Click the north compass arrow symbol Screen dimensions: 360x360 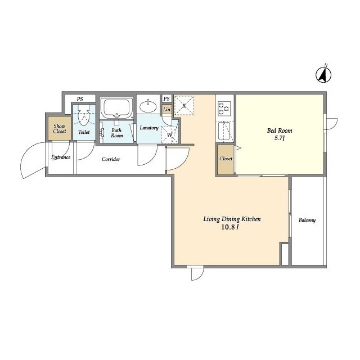click(x=323, y=75)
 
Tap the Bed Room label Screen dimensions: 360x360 click(x=280, y=130)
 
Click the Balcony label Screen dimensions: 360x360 click(x=307, y=220)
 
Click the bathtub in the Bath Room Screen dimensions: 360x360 click(x=116, y=107)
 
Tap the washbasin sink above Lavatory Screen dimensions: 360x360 click(x=148, y=106)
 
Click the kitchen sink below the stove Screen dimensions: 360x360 click(x=224, y=131)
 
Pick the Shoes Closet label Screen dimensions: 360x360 click(x=60, y=129)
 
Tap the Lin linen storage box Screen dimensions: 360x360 click(x=166, y=110)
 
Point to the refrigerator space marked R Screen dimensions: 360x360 click(x=184, y=105)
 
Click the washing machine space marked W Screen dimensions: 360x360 click(x=169, y=135)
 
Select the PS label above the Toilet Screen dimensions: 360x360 click(x=80, y=99)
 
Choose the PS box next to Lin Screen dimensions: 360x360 click(x=166, y=98)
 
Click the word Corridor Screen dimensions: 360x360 click(x=111, y=159)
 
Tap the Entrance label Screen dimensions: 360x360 click(x=61, y=157)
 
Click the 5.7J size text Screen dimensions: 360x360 click(x=280, y=138)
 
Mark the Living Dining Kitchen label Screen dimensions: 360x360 click(x=232, y=219)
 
